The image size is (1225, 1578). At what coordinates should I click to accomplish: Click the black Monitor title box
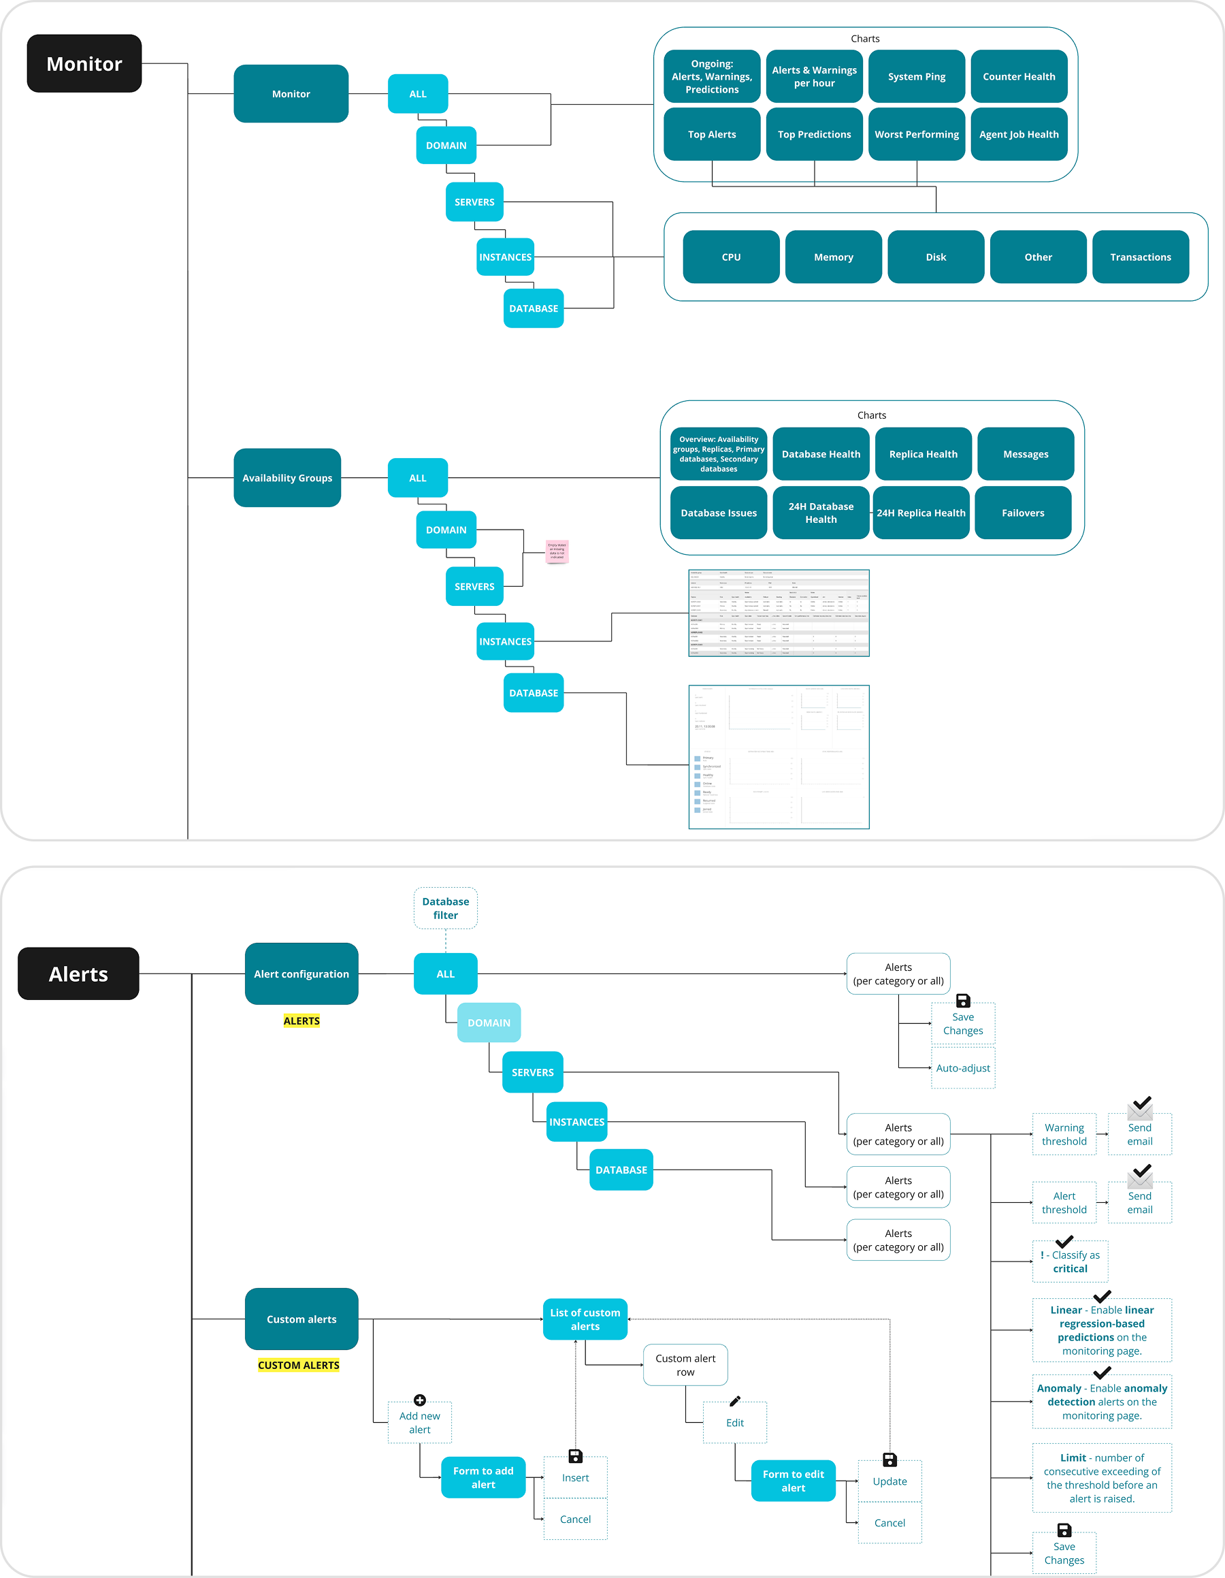pos(84,63)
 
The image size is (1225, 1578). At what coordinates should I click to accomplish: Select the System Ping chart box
pos(916,77)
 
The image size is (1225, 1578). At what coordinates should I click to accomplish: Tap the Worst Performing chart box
pos(916,134)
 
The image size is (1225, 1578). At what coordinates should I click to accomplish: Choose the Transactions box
pos(1140,257)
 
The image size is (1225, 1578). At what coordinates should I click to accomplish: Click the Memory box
pos(833,257)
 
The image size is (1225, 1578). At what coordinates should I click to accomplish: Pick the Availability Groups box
pos(287,478)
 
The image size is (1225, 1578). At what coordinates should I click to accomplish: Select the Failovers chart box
pos(1022,513)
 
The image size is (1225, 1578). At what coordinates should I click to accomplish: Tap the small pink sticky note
pos(557,551)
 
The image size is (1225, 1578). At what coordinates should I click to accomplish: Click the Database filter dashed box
pos(445,908)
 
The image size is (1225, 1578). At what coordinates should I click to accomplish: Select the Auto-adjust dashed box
pos(962,1068)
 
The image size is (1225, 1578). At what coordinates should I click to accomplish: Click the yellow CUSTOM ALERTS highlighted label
pos(298,1365)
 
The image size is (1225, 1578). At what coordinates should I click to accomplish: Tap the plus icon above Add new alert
pos(420,1400)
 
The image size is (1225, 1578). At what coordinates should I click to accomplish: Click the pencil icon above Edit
pos(734,1401)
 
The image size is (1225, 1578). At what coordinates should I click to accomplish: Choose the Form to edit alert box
pos(792,1481)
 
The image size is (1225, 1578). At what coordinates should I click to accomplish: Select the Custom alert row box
pos(685,1365)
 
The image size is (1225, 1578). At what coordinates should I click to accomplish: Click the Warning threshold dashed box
pos(1063,1134)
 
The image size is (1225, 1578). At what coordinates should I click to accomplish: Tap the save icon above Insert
pos(575,1456)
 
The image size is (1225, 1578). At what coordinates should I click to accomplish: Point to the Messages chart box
pos(1025,454)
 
